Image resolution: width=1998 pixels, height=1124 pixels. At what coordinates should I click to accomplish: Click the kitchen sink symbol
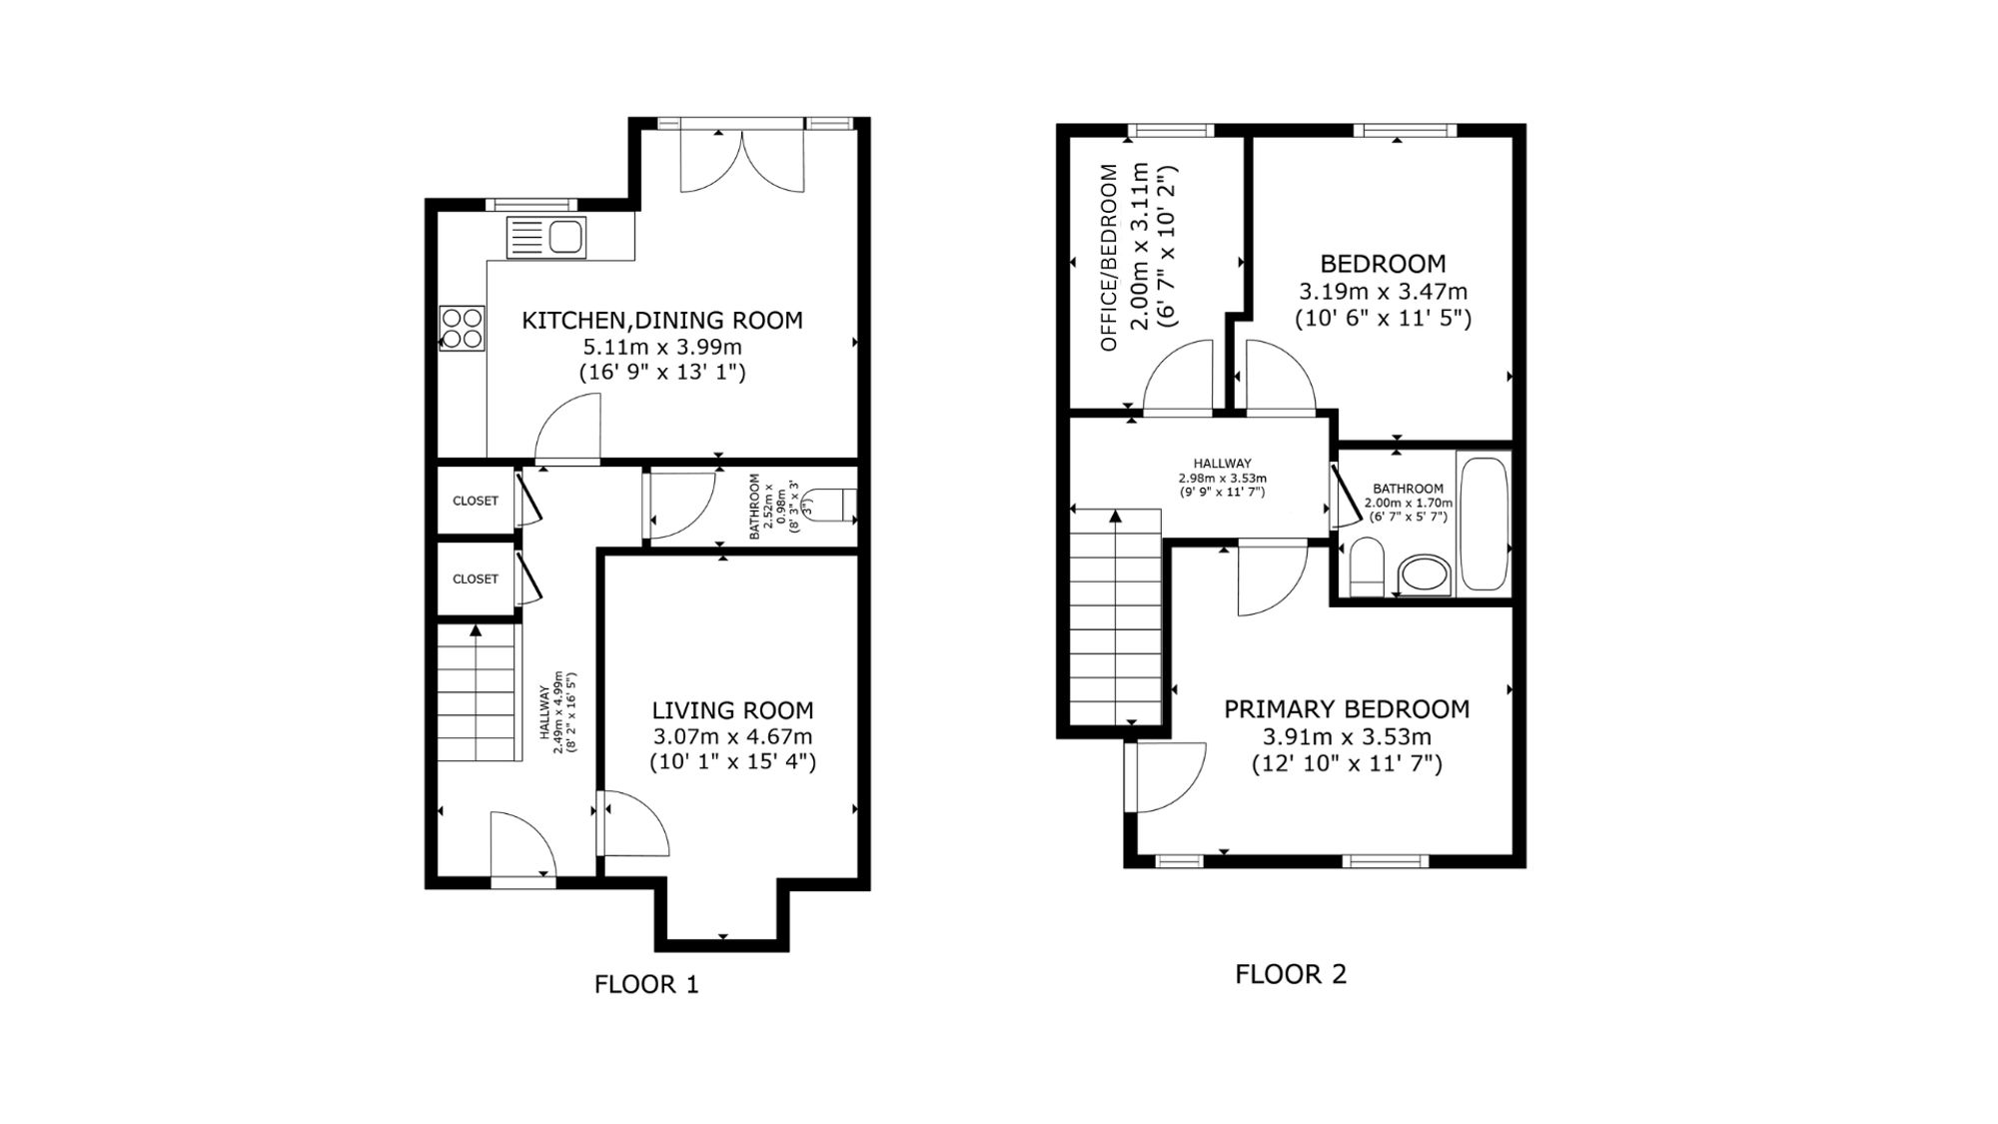(546, 238)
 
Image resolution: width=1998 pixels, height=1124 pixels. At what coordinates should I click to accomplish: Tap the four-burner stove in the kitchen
(462, 328)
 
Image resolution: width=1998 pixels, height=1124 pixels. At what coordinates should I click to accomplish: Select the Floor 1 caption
(646, 985)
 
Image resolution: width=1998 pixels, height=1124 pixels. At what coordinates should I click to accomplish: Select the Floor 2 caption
(1291, 974)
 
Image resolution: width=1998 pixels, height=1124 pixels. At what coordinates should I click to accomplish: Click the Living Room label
(732, 710)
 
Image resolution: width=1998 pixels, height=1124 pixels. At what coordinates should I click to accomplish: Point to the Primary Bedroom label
(1347, 709)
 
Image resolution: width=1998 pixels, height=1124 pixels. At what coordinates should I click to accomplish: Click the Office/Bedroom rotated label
(1109, 258)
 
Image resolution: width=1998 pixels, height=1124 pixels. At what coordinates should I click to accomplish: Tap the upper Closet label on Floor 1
(476, 501)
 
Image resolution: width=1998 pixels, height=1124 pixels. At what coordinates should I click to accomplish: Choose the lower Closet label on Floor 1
(476, 578)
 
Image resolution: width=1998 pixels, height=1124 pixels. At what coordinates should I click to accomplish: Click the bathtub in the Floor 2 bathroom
(1484, 525)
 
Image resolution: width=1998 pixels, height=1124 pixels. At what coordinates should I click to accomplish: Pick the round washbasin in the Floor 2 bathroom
(1425, 575)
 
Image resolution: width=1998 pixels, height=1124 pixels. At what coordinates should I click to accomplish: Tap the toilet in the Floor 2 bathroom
(1365, 566)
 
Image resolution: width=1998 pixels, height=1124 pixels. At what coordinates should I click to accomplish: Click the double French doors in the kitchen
(742, 160)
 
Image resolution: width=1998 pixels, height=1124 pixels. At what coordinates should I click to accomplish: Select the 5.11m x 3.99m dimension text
(662, 348)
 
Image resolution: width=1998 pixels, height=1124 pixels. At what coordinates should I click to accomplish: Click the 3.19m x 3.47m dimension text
(1383, 292)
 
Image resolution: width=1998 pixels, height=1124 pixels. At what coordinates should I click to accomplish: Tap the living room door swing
(635, 823)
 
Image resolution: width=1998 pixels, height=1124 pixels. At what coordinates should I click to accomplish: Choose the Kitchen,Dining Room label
(662, 321)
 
